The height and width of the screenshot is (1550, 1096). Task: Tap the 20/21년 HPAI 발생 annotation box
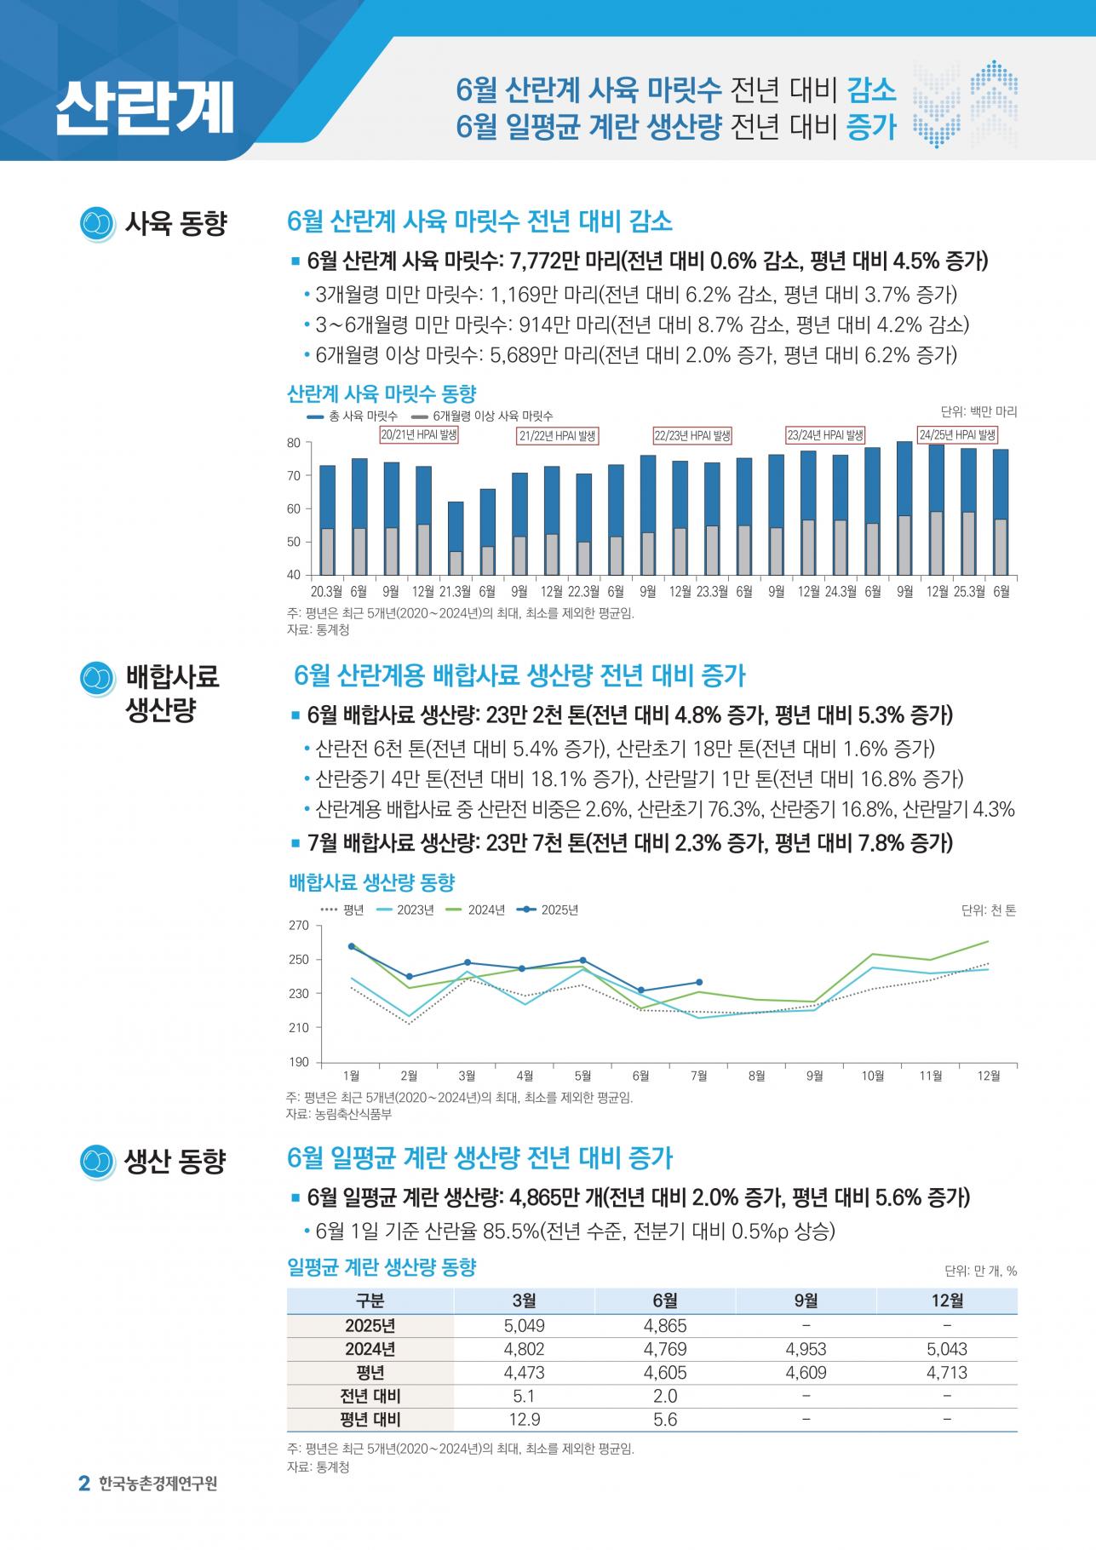(419, 435)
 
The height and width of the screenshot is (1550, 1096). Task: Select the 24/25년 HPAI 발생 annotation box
(957, 435)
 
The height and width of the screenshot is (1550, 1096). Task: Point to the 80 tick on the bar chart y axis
(294, 443)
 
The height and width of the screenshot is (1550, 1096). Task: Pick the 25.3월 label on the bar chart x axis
(969, 591)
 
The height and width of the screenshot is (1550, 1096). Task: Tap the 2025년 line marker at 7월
(699, 982)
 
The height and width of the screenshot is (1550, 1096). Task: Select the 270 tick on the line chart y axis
(299, 926)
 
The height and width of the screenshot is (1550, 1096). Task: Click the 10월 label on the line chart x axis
(873, 1076)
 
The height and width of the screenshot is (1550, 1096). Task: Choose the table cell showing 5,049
(525, 1326)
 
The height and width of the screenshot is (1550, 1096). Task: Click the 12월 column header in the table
(947, 1300)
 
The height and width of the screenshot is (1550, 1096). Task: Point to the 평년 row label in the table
(370, 1373)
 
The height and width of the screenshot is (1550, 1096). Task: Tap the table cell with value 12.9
(525, 1420)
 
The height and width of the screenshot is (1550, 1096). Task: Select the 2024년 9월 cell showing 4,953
(806, 1349)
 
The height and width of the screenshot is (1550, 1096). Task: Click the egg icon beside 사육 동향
(97, 224)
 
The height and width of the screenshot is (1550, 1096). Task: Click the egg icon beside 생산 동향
(97, 1161)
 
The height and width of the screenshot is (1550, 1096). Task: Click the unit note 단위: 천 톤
(989, 910)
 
